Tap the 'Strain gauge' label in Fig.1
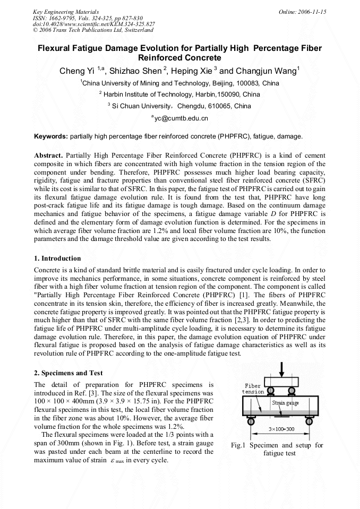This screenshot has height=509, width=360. pyautogui.click(x=286, y=403)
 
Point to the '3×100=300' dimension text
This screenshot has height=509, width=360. pyautogui.click(x=281, y=429)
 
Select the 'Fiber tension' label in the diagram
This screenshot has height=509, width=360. pyautogui.click(x=253, y=389)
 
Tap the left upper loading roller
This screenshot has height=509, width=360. pyautogui.click(x=270, y=392)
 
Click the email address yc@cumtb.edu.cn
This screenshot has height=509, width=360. pyautogui.click(x=179, y=118)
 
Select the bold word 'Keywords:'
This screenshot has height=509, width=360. pyautogui.click(x=51, y=136)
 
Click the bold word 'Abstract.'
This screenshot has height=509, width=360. pyautogui.click(x=49, y=157)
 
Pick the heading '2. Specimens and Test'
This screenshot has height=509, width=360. pyautogui.click(x=68, y=373)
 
